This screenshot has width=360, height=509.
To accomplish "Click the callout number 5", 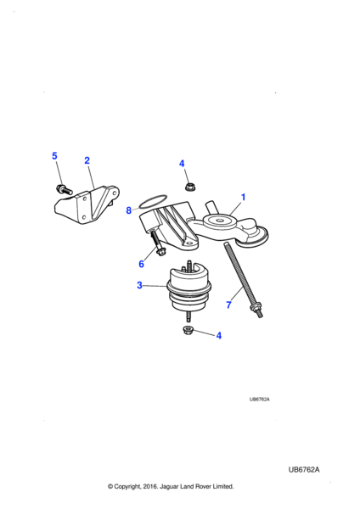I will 54,156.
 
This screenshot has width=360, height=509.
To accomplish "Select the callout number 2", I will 87,160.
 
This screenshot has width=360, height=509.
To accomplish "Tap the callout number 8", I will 129,210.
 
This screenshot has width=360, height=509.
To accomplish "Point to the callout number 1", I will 243,198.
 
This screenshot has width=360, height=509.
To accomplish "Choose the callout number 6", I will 141,264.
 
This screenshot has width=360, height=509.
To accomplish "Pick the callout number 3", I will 140,286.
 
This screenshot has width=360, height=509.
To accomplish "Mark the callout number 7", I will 228,305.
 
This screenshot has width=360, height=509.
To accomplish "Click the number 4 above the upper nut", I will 181,163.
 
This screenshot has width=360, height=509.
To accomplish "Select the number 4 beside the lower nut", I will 218,336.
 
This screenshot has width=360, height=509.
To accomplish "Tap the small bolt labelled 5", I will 62,187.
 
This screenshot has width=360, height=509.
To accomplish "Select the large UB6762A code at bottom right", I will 309,469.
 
